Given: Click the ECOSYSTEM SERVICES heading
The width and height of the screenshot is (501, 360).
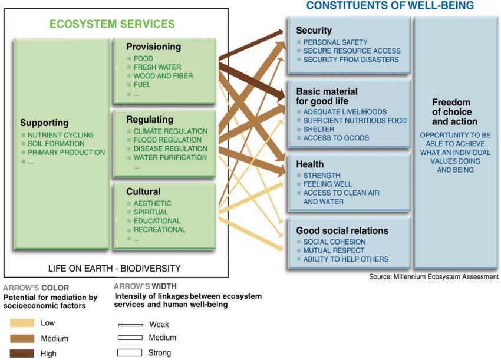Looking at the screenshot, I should point(112,24).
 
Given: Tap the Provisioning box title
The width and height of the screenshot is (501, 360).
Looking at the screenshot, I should point(153,47).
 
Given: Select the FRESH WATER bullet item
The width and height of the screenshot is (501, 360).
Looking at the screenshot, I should point(157,67).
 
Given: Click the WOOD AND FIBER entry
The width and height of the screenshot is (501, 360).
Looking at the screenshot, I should point(163,76).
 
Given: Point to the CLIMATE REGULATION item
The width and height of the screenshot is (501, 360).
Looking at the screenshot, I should point(170,131).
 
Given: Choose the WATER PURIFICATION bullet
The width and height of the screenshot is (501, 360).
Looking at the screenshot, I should point(170,157).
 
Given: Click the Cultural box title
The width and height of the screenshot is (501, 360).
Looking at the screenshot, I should point(143,191).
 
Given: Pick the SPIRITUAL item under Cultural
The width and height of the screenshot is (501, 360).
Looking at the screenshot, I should point(150,212).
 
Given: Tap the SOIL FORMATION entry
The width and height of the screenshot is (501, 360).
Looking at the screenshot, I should point(56,144).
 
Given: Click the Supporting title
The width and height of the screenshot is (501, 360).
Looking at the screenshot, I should point(44,123).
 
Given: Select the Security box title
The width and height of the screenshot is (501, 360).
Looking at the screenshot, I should point(314,30).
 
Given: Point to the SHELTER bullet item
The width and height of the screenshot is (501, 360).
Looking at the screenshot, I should point(319,129).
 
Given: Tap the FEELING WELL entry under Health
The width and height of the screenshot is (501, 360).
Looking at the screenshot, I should point(327,184).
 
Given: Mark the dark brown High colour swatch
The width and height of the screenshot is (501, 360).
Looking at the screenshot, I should point(22,354).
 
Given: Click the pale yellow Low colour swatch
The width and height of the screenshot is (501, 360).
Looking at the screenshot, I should point(22,323).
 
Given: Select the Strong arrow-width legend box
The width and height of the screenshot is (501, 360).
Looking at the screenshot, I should point(130,353).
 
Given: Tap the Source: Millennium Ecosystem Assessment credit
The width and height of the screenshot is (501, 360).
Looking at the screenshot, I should point(433,276).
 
